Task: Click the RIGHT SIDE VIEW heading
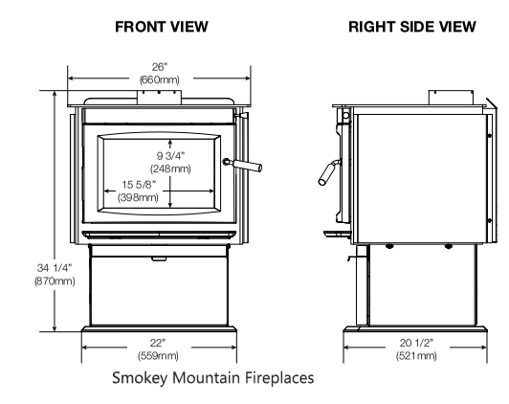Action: coord(410,28)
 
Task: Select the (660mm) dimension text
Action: coord(158,79)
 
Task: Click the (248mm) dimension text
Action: coord(171,168)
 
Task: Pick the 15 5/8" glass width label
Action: coord(140,186)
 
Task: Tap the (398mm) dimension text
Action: coord(140,197)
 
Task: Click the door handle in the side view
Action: coord(326,173)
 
